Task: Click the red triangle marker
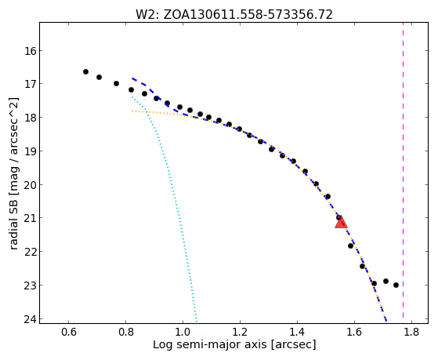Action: click(x=341, y=223)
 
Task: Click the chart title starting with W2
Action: click(x=234, y=15)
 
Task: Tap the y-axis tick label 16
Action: click(x=30, y=51)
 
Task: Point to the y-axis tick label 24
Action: click(x=30, y=319)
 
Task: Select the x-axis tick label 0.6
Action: click(x=68, y=332)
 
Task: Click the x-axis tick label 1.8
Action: click(x=411, y=332)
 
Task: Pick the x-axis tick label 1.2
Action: click(x=240, y=332)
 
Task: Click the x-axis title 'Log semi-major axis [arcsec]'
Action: click(x=234, y=344)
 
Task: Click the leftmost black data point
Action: click(x=85, y=72)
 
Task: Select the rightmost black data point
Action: click(x=396, y=285)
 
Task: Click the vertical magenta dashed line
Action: click(x=403, y=170)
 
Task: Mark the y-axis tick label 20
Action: click(x=30, y=185)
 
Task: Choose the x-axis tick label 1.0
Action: click(x=183, y=332)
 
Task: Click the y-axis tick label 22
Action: click(x=30, y=252)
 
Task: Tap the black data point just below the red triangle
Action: click(x=350, y=245)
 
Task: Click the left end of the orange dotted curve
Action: click(x=132, y=111)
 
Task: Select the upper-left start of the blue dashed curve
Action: click(x=132, y=78)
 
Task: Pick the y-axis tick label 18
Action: click(x=30, y=118)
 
